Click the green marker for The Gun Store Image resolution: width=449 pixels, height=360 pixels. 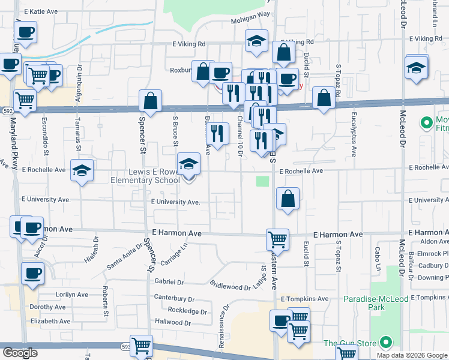385,343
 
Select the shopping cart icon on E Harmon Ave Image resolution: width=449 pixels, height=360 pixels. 277,239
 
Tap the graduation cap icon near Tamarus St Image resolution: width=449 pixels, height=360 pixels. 82,170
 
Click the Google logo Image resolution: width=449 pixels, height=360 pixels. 20,353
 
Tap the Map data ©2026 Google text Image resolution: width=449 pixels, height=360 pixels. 412,355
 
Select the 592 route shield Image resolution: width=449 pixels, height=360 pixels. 7,110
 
